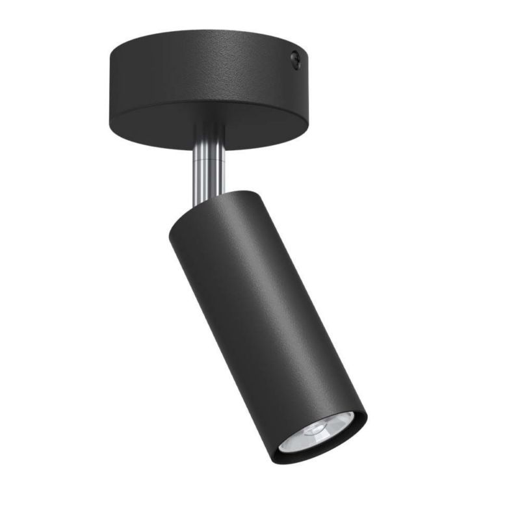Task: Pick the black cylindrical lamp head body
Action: click(260, 312)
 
